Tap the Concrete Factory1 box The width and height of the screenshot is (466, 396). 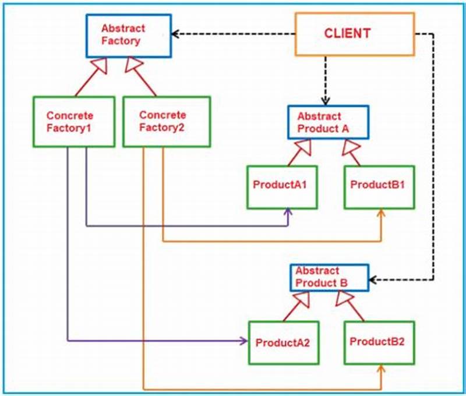click(73, 122)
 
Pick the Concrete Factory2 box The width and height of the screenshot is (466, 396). click(166, 121)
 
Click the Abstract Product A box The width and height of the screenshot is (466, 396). click(327, 122)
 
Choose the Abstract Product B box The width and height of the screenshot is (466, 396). click(330, 277)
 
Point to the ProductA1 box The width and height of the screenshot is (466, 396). click(281, 187)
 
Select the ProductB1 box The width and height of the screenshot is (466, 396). click(379, 186)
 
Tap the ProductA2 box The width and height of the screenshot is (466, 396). click(284, 342)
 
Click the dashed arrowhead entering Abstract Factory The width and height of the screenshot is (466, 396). click(176, 34)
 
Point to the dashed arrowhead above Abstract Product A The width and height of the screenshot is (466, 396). click(326, 100)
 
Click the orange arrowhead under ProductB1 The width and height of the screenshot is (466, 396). click(382, 214)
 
